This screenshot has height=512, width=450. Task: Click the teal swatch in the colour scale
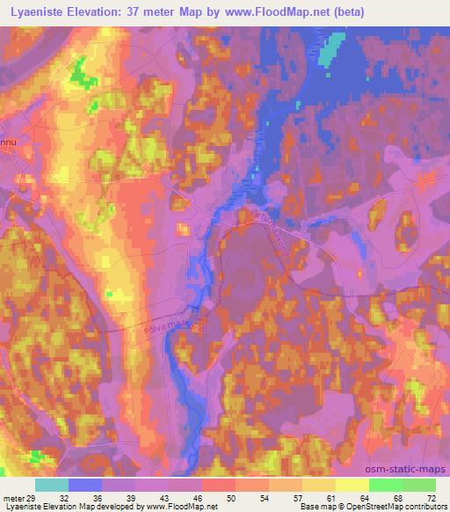(x=52, y=485)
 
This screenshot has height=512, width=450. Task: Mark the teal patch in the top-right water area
(x=330, y=53)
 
